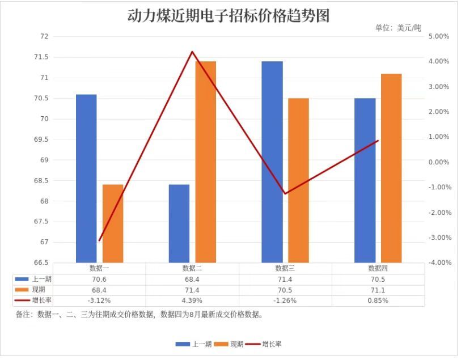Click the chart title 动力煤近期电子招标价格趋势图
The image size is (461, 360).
click(228, 15)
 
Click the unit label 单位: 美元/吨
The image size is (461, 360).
click(398, 28)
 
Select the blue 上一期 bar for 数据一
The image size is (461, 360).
click(86, 179)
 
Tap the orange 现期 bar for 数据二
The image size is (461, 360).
click(205, 162)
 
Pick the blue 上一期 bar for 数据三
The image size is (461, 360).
click(272, 162)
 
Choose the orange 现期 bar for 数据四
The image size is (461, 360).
click(391, 168)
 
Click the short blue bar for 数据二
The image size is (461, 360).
click(179, 223)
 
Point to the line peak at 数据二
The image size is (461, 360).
click(192, 52)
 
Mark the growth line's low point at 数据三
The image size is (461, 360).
click(285, 194)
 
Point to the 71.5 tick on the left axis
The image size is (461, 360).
click(41, 57)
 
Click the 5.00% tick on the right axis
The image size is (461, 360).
click(439, 36)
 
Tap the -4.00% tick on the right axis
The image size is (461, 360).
click(439, 262)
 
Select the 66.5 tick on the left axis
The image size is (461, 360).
click(41, 262)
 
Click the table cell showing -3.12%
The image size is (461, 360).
click(99, 300)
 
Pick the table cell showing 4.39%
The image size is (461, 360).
click(192, 300)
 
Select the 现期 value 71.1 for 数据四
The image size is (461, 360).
click(378, 290)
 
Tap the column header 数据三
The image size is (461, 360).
click(285, 268)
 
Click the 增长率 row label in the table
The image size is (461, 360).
click(42, 300)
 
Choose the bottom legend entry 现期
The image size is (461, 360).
click(236, 344)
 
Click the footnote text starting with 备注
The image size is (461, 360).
click(139, 315)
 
